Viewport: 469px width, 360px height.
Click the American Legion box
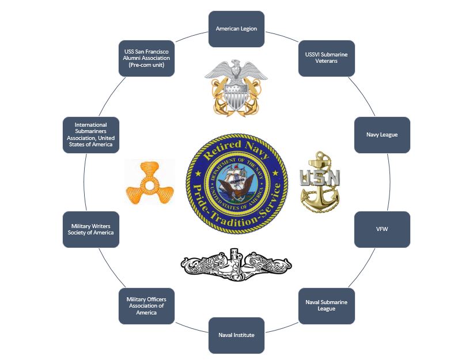[236, 29]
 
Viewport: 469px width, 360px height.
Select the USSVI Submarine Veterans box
[326, 58]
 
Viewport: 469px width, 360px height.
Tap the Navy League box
[382, 135]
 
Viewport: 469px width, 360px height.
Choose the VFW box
[382, 229]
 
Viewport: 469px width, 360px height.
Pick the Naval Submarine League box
[326, 305]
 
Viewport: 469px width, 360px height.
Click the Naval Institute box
[236, 335]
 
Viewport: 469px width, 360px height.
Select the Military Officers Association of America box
[146, 305]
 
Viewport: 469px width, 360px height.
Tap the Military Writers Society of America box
[91, 229]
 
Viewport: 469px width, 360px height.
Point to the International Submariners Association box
[91, 135]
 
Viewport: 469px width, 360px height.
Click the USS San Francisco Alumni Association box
[146, 58]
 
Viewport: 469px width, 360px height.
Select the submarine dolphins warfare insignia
[236, 264]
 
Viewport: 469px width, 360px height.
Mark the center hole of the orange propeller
[152, 186]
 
